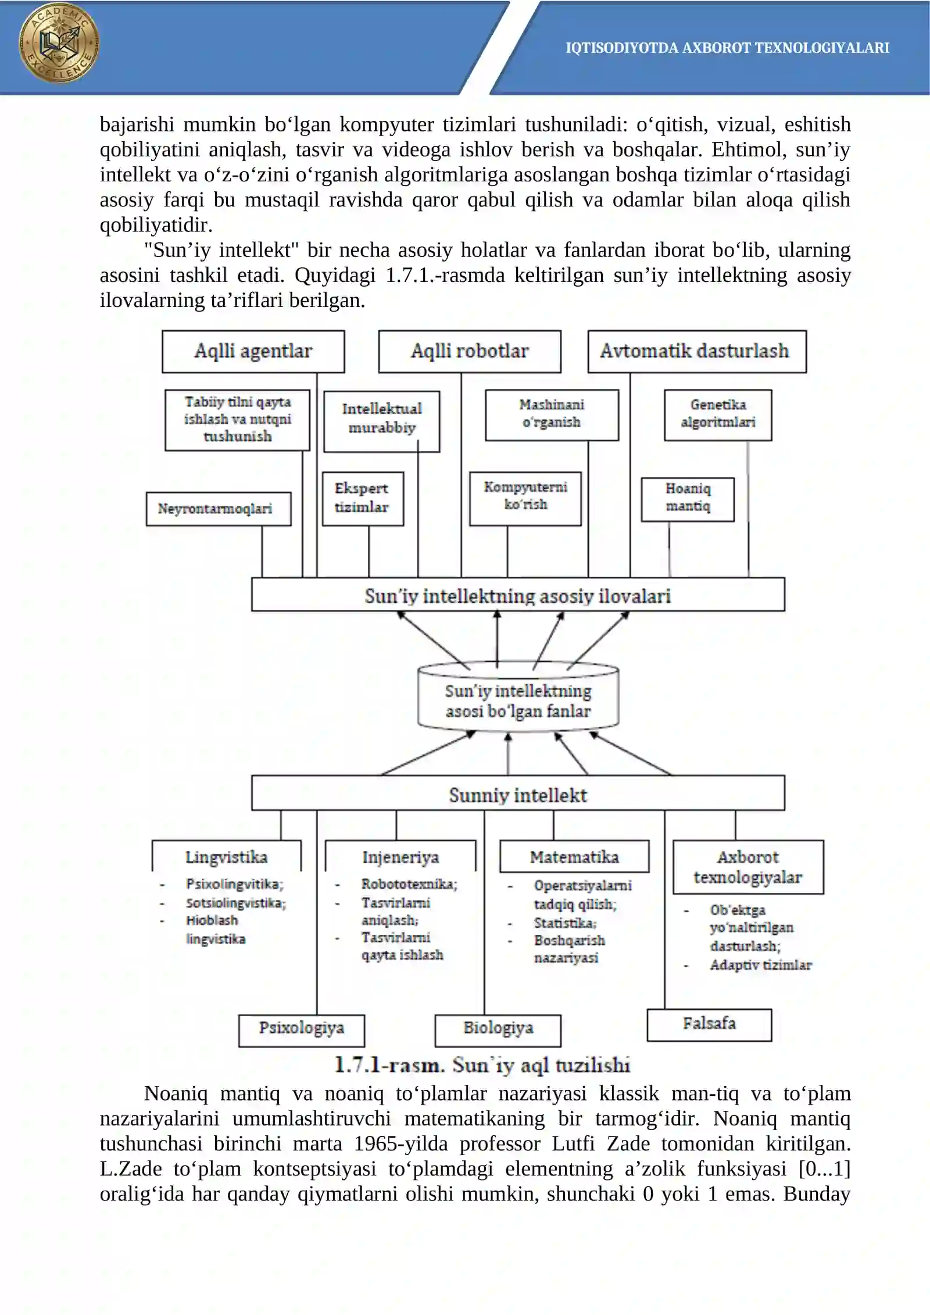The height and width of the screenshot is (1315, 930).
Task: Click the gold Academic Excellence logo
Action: [x=59, y=43]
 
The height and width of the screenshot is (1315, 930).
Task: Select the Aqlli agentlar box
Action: [x=253, y=351]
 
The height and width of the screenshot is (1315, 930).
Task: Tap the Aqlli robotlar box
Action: [x=470, y=351]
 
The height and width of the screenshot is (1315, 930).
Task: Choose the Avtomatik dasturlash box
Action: [x=697, y=351]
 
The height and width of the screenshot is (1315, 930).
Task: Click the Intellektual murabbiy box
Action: [x=381, y=421]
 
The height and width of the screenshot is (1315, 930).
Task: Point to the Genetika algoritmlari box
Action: [x=718, y=414]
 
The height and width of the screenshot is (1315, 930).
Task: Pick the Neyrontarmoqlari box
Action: [x=219, y=509]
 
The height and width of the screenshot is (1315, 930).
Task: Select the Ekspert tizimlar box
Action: [x=363, y=498]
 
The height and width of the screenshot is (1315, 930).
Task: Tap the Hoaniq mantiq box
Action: [x=688, y=499]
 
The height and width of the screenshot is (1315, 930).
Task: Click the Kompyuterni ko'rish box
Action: [x=525, y=498]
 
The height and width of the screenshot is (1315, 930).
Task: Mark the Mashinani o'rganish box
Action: [x=552, y=414]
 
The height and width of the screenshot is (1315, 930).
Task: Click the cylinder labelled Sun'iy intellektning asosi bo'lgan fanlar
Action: [x=518, y=697]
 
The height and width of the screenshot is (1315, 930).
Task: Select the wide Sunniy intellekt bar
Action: [x=518, y=792]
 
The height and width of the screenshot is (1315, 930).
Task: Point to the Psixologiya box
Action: [x=302, y=1030]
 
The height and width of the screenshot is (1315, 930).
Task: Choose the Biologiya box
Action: [x=498, y=1030]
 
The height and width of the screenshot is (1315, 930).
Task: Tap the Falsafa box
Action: [x=709, y=1024]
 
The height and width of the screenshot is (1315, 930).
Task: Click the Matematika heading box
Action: [x=574, y=856]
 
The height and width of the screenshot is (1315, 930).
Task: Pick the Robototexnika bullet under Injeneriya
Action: [x=409, y=884]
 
